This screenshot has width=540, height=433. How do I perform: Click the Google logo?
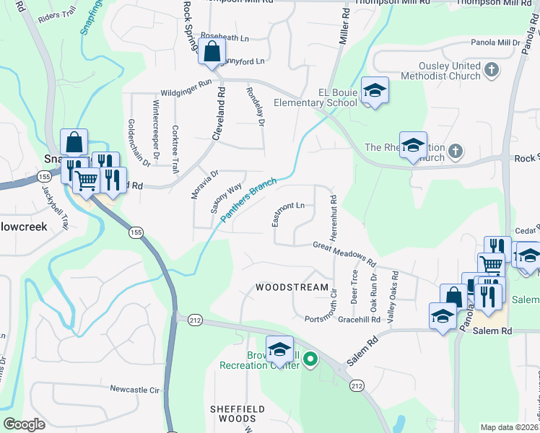pos(24,425)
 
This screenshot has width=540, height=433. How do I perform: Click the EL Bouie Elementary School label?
pos(338,97)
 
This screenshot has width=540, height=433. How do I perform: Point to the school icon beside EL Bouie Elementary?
pos(375,90)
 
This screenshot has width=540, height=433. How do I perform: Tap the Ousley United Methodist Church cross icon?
pos(492,70)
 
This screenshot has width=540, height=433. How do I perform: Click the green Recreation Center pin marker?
pos(310,358)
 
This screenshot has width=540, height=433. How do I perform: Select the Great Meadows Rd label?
pos(345,254)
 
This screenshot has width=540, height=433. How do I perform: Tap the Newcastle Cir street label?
pos(134,389)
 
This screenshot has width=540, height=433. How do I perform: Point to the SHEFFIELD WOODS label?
pos(233,414)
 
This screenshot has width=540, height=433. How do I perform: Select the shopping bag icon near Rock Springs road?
pos(212,52)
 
